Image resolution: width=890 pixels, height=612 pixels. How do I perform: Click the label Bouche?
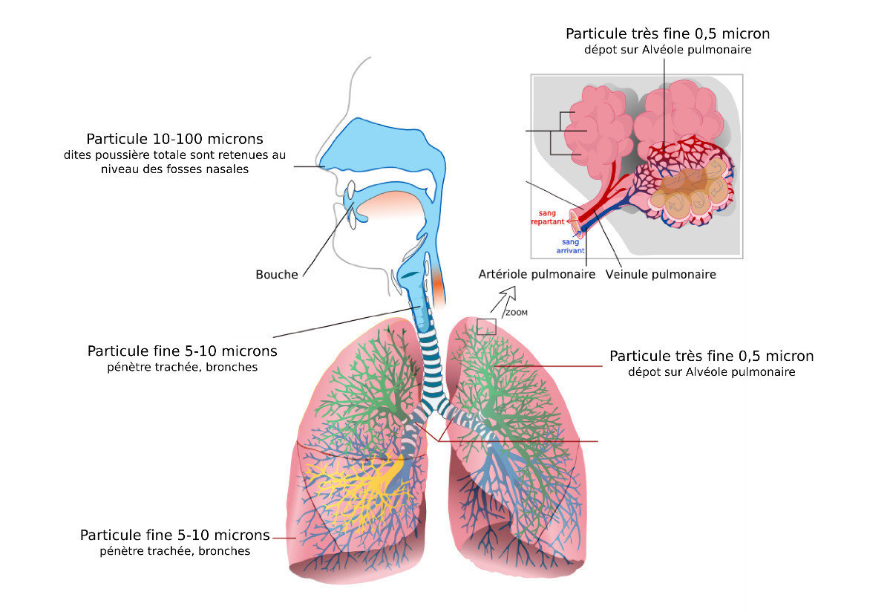(x=276, y=275)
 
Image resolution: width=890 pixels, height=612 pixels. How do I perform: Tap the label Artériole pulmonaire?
(x=537, y=275)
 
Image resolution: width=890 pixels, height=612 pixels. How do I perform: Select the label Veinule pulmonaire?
(x=661, y=275)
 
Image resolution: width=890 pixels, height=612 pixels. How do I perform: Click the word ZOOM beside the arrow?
(x=517, y=313)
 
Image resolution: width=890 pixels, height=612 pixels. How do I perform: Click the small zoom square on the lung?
(x=486, y=327)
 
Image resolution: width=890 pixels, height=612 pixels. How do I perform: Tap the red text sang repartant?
(x=548, y=218)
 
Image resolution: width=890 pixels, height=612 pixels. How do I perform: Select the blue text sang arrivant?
(x=570, y=247)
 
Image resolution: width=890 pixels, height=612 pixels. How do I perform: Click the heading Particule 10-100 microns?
(x=175, y=139)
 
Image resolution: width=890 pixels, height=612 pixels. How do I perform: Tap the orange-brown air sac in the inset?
(x=688, y=190)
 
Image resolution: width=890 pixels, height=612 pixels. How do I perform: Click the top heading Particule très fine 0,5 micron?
(x=667, y=34)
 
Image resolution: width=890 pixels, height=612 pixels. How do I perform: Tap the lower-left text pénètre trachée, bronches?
(x=175, y=551)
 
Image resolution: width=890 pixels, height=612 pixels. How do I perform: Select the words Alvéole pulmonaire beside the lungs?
(x=740, y=372)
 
